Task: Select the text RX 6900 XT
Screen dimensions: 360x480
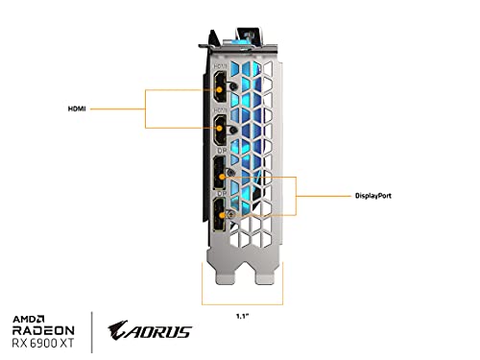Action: [x=57, y=341]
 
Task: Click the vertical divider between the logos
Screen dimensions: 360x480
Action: [x=119, y=332]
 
